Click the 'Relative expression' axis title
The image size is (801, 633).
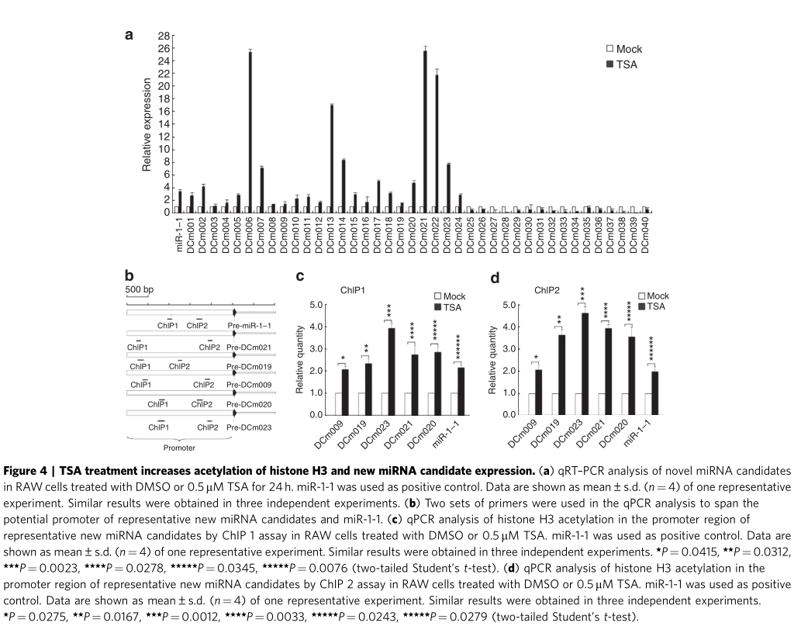pyautogui.click(x=146, y=124)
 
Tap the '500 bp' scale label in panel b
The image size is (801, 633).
pyautogui.click(x=140, y=289)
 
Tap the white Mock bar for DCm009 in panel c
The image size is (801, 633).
pyautogui.click(x=339, y=403)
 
